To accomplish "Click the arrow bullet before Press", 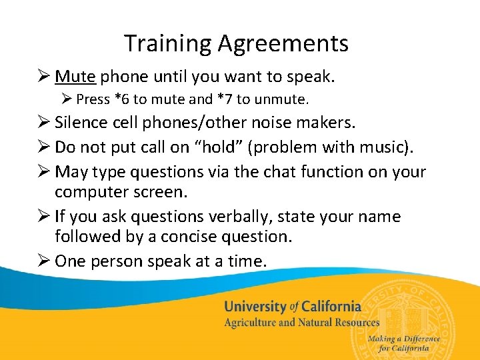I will coord(66,100).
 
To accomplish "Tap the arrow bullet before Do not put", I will coord(44,147).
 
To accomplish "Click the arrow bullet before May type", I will coord(44,171).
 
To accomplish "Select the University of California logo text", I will coord(292,307).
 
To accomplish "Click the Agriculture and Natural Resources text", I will coord(301,323).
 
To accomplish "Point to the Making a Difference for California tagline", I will coord(404,343).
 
